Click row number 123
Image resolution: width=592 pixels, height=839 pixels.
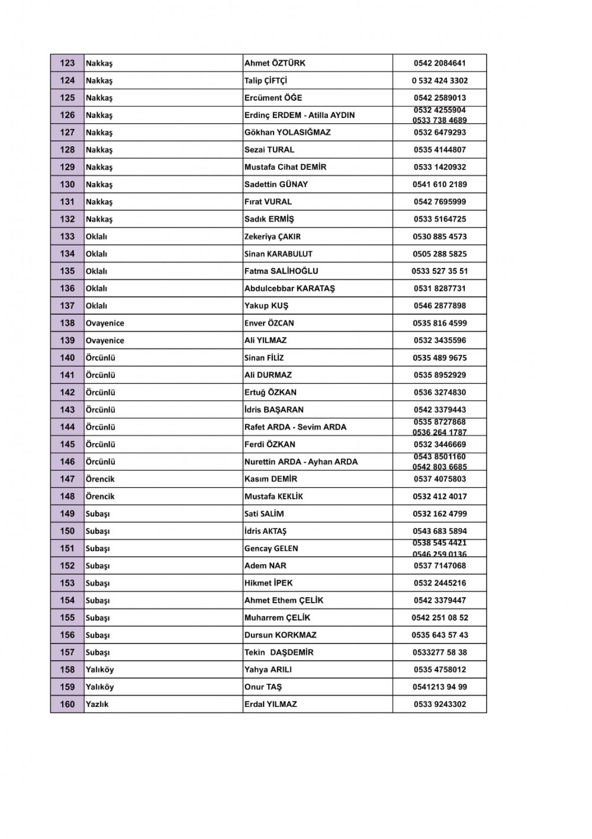tap(67, 63)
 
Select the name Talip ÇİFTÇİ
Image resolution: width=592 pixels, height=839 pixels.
tap(265, 81)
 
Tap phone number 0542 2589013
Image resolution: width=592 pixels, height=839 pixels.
tap(439, 98)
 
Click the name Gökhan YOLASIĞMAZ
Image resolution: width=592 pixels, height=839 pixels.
tap(287, 132)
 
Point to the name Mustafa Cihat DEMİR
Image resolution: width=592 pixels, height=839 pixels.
tap(285, 167)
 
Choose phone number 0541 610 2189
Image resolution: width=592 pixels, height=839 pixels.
tap(439, 184)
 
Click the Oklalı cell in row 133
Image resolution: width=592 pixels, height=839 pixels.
tap(96, 236)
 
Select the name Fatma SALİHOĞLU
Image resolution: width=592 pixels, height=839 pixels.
tap(281, 271)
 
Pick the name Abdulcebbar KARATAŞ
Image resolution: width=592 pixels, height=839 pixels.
tap(289, 289)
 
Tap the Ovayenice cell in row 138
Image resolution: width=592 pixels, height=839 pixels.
tap(105, 323)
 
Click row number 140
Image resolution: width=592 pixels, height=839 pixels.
tap(67, 358)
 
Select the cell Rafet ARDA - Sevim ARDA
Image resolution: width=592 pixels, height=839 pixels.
tap(295, 427)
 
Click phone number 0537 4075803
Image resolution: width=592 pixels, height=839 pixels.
tap(439, 479)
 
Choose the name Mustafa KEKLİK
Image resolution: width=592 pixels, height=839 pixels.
tap(274, 496)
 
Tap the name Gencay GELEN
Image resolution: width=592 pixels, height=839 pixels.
tap(271, 548)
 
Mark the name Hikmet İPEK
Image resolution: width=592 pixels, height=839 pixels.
tap(268, 583)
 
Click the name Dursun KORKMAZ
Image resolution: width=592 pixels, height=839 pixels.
tap(280, 635)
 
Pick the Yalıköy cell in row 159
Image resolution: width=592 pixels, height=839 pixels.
tap(99, 687)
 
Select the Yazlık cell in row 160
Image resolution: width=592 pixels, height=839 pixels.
tap(97, 704)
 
